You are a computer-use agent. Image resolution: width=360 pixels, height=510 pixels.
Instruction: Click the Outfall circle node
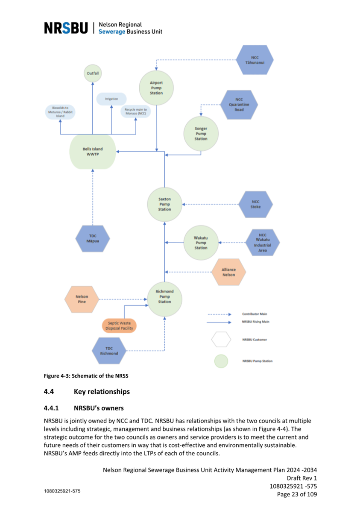pyautogui.click(x=93, y=73)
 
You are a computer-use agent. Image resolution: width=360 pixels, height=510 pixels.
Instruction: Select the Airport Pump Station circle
pyautogui.click(x=156, y=88)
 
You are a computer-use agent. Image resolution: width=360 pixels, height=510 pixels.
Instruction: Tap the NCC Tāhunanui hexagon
pyautogui.click(x=255, y=60)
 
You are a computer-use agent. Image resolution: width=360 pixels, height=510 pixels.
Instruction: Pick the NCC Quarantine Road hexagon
pyautogui.click(x=239, y=104)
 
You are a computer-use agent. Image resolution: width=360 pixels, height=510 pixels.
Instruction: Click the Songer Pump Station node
pyautogui.click(x=201, y=134)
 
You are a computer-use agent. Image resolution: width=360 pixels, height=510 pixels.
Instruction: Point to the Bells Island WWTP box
pyautogui.click(x=93, y=152)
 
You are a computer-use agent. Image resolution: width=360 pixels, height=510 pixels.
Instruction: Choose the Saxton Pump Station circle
pyautogui.click(x=164, y=204)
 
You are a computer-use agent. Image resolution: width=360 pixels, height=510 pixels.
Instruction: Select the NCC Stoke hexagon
pyautogui.click(x=256, y=204)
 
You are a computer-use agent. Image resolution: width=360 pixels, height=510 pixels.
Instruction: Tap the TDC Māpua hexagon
pyautogui.click(x=93, y=238)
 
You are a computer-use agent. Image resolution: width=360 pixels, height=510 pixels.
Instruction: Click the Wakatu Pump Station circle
pyautogui.click(x=201, y=243)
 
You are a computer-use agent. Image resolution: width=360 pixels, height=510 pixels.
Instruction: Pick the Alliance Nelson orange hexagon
pyautogui.click(x=228, y=272)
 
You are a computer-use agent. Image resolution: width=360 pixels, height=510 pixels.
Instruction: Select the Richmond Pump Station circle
pyautogui.click(x=164, y=299)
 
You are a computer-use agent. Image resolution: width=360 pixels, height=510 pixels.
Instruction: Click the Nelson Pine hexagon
pyautogui.click(x=82, y=299)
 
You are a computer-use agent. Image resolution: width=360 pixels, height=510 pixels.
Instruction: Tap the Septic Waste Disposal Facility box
pyautogui.click(x=119, y=325)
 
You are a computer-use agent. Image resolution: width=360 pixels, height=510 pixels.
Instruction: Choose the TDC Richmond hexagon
pyautogui.click(x=109, y=351)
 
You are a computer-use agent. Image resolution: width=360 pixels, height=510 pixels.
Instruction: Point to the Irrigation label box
pyautogui.click(x=111, y=99)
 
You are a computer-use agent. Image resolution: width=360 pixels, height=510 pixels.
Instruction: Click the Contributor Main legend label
pyautogui.click(x=255, y=314)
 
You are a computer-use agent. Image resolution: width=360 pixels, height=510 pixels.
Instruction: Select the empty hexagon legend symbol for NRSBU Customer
pyautogui.click(x=221, y=340)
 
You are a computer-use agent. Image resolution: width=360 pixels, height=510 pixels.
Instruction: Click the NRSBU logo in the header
pyautogui.click(x=66, y=28)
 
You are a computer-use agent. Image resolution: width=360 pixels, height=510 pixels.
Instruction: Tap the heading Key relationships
pyautogui.click(x=102, y=392)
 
